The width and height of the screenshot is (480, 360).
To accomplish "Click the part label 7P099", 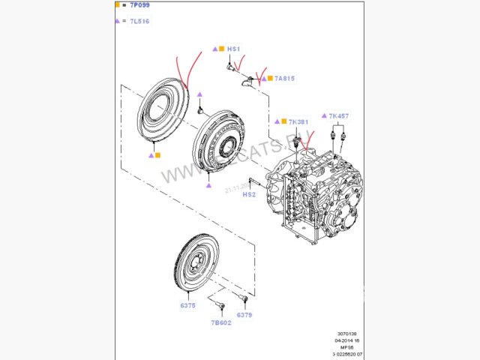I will [x=138, y=5].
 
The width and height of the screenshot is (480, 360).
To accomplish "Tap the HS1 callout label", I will [x=233, y=49].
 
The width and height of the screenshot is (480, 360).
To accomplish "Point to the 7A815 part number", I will [x=285, y=78].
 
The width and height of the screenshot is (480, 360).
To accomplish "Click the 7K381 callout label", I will [x=298, y=121].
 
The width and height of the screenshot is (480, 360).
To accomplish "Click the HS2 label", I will [x=249, y=194].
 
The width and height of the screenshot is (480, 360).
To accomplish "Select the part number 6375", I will [x=187, y=305].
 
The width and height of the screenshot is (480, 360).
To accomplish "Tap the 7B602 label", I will [x=220, y=323].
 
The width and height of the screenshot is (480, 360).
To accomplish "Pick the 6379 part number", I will [x=244, y=314].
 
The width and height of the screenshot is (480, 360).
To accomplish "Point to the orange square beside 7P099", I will [x=118, y=5].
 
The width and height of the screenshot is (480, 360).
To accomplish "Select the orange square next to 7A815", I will [x=268, y=78].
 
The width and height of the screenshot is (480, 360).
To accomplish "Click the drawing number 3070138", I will [x=347, y=334].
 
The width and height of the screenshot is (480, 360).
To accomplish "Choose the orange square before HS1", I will [x=221, y=49].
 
